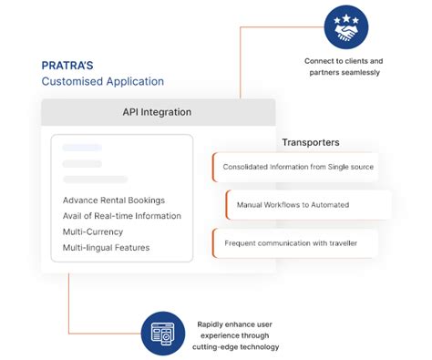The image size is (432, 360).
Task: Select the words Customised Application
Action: click(103, 81)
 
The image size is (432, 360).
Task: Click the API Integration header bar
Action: click(158, 112)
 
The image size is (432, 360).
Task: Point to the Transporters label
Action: click(311, 142)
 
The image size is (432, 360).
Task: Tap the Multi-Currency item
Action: click(93, 231)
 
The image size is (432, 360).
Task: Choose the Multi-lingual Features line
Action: click(107, 247)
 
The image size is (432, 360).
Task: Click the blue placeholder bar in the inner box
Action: click(82, 148)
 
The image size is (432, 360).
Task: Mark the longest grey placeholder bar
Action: click(95, 180)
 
